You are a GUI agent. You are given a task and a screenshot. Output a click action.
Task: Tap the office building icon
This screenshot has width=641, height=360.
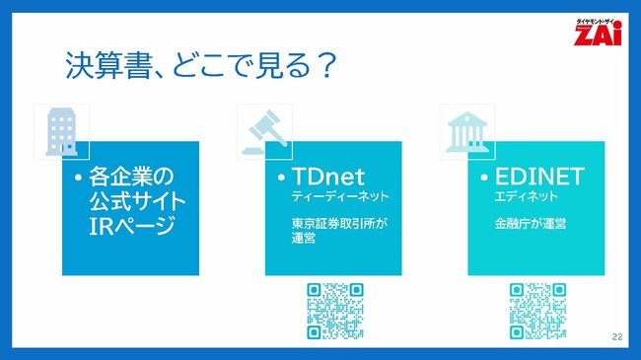pos(62,131)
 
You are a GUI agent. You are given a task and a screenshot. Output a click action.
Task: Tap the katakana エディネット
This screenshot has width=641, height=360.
pos(524,198)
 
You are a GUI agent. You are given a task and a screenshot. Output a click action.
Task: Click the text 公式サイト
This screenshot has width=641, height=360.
pos(137,202)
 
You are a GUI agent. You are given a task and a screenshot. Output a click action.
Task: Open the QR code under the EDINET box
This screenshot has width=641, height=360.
pos(536,310)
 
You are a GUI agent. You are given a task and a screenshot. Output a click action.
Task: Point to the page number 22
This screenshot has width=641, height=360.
pos(617,337)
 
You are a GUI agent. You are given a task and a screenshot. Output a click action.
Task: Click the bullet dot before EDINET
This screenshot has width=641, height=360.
pos(484,179)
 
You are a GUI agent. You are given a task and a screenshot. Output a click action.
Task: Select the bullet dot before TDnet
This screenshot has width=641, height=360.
pos(281,179)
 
